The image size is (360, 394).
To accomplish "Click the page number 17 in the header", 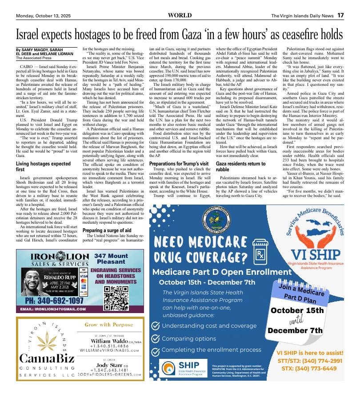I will coord(340,15).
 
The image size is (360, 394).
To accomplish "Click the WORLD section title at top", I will coord(180,15).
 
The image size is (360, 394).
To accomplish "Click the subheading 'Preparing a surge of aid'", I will coord(107,230).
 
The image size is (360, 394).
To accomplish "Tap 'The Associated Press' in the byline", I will coord(35,58).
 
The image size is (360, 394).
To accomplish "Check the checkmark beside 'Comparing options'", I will coord(156,338).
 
